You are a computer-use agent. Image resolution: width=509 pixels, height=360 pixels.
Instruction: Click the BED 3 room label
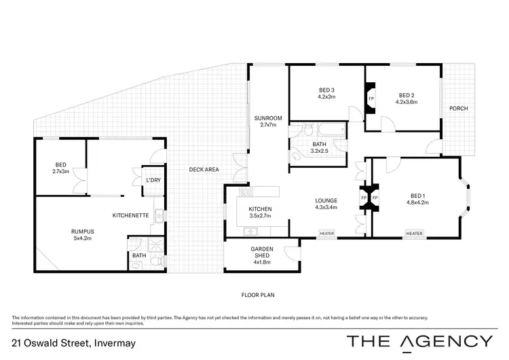327,90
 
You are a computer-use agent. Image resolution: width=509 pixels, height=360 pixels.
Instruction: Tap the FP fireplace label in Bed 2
371,98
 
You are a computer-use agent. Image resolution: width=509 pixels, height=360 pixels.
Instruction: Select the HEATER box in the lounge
327,234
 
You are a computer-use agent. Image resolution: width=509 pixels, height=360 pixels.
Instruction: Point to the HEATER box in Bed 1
414,234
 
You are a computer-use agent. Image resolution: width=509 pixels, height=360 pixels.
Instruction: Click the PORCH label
458,109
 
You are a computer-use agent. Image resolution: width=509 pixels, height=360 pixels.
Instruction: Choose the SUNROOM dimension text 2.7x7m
264,126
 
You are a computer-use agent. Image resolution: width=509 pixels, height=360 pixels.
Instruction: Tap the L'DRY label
153,180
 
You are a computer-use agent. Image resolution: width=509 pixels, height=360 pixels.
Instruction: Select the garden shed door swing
293,253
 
